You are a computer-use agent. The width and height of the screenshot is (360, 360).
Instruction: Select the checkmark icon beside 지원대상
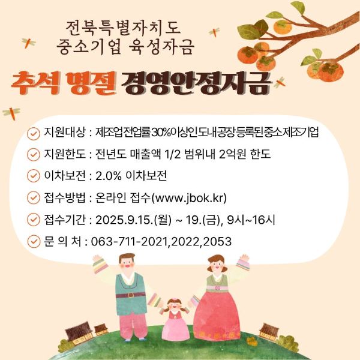(34, 133)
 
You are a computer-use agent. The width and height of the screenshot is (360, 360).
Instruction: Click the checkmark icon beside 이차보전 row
(34, 176)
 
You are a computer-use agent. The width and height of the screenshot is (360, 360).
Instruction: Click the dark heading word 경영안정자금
(195, 83)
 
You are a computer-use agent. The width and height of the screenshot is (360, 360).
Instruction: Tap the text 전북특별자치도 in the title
(123, 28)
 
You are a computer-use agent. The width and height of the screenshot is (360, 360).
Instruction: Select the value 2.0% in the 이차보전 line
(109, 176)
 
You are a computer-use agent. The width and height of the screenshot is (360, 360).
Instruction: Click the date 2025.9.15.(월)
(133, 220)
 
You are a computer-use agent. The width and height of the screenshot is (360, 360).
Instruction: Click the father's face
(127, 263)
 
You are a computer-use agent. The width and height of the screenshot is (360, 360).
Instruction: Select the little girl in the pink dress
(176, 319)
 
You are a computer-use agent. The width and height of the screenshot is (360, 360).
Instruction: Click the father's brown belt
(130, 295)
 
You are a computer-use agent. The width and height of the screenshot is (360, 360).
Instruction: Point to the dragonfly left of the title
(28, 43)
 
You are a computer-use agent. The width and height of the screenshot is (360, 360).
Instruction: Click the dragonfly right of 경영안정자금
(280, 83)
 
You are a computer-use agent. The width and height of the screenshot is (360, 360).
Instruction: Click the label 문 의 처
(62, 242)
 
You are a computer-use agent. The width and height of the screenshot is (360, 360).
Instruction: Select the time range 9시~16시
(251, 220)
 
